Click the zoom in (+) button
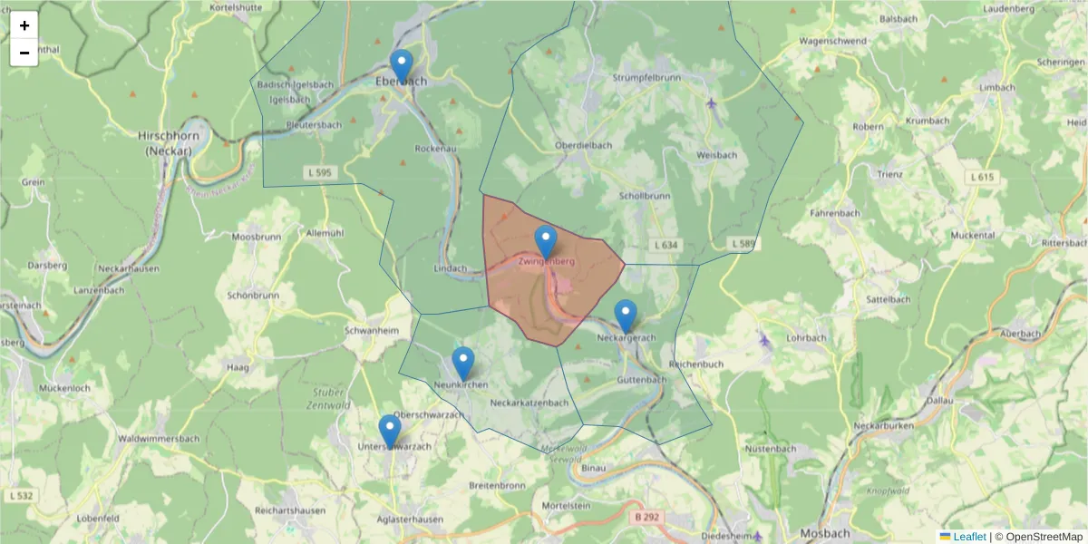coord(24,25)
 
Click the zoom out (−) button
coord(24,53)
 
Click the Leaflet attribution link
coord(969,536)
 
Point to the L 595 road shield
coord(317,172)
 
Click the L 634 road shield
coord(665,245)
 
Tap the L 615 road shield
coord(983,179)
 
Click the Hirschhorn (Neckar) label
coord(165,142)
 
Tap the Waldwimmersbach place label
coord(159,439)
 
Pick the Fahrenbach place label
coord(834,213)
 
